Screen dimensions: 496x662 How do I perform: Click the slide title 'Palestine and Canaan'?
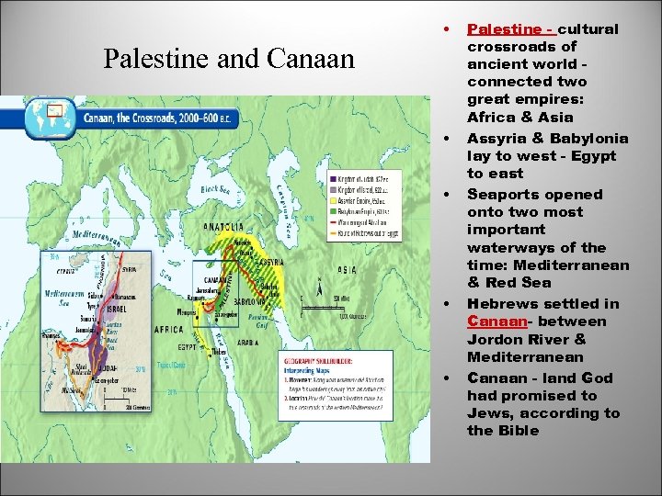pos(229,59)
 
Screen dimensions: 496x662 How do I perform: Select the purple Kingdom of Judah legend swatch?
pos(332,177)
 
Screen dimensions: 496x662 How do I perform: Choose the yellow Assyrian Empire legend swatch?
pos(332,199)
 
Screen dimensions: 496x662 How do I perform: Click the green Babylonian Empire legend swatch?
pos(332,210)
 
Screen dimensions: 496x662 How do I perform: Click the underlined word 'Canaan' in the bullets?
pos(496,321)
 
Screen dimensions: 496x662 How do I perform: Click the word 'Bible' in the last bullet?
pos(518,431)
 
